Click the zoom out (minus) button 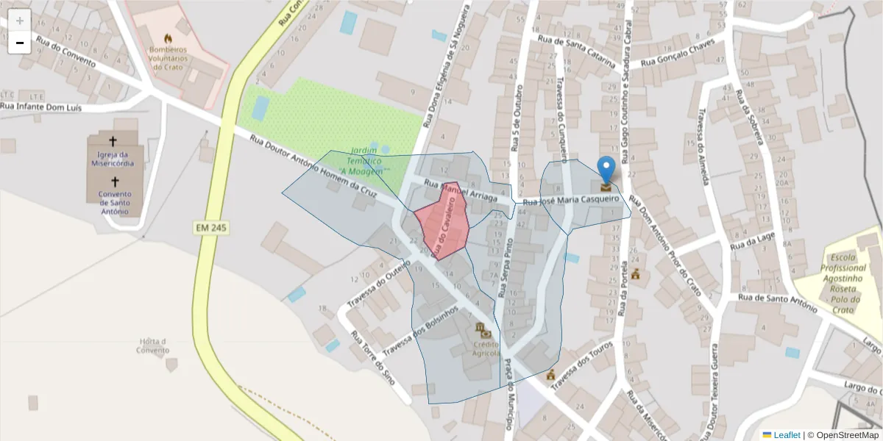point(20,43)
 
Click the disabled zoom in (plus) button point(20,21)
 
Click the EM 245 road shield point(210,229)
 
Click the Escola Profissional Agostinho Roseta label point(843,284)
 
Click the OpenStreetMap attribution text point(843,435)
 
